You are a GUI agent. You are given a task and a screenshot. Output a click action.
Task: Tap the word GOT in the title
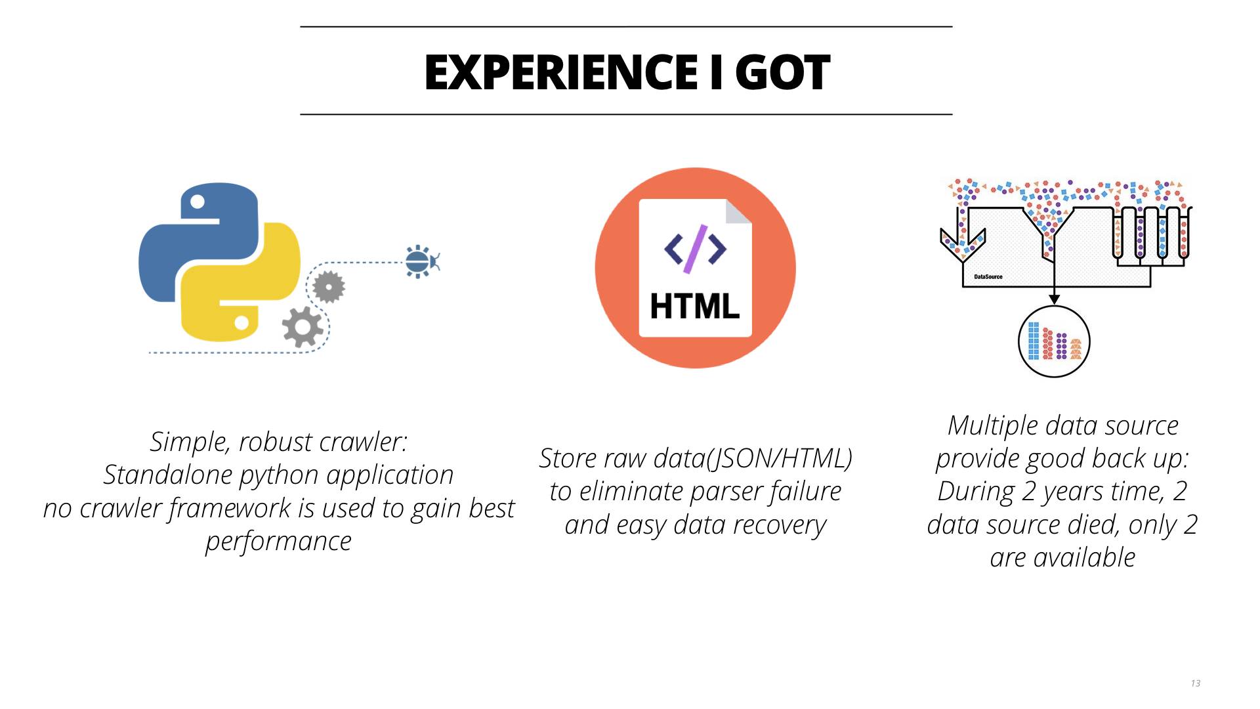coord(782,72)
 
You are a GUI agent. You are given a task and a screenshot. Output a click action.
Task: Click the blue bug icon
coord(421,262)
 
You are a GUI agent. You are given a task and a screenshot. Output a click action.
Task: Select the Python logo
coord(220,262)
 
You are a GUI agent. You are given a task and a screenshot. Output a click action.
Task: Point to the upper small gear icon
coord(329,287)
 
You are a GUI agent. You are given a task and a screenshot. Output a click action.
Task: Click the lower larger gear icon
coord(303,326)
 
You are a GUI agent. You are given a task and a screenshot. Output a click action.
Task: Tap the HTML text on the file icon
coord(695,307)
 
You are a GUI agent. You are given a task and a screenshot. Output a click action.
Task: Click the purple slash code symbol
coord(696,249)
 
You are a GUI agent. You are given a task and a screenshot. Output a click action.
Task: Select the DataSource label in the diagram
coord(988,277)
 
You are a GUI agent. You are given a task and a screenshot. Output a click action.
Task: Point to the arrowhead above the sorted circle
coord(1054,299)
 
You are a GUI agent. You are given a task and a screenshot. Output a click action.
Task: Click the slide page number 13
coord(1196,683)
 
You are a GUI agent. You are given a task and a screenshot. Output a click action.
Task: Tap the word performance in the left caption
coord(279,542)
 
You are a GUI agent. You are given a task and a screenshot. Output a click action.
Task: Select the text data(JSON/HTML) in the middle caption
coord(753,459)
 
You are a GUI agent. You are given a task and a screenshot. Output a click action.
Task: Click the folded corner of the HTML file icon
coord(739,211)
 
